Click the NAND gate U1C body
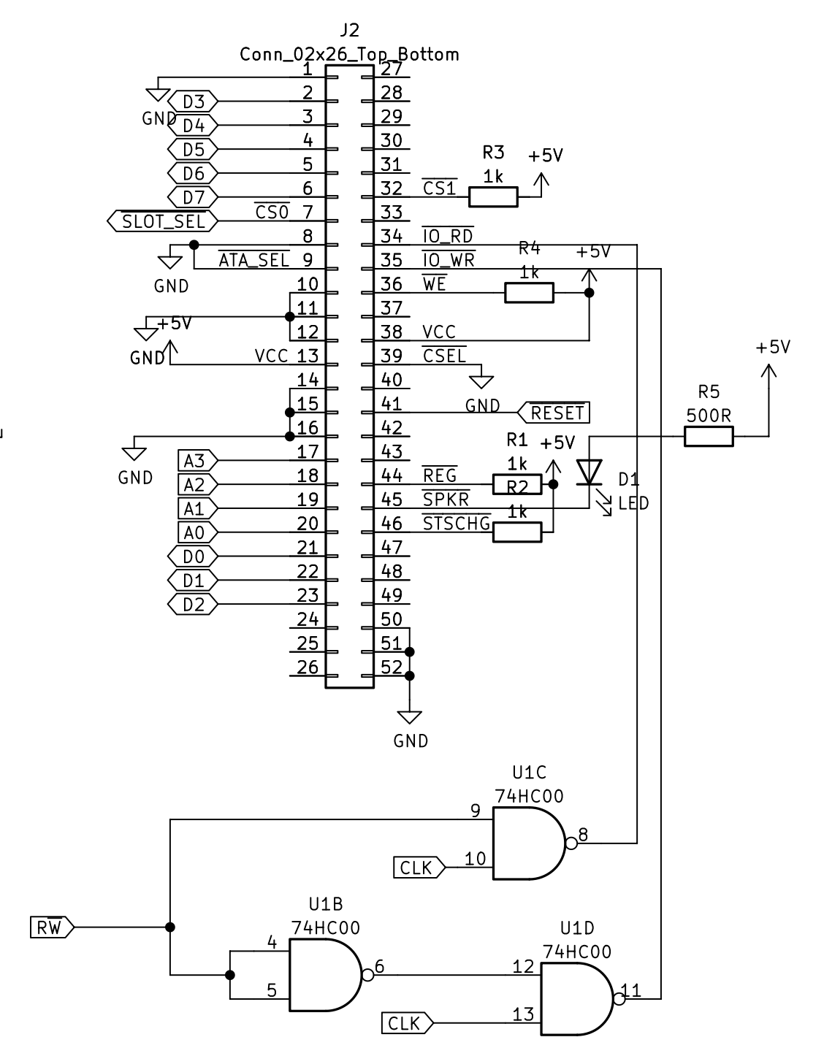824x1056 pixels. click(x=527, y=843)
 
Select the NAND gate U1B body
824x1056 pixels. click(x=324, y=975)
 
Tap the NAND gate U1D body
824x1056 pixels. click(x=576, y=998)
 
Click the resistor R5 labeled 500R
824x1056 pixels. click(x=708, y=437)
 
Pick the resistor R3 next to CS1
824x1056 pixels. click(x=493, y=196)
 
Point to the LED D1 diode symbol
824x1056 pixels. click(x=589, y=472)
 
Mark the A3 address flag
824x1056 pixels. click(x=197, y=461)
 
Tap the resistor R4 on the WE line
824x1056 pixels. click(x=529, y=293)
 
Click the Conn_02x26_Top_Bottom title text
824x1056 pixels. click(x=349, y=54)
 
